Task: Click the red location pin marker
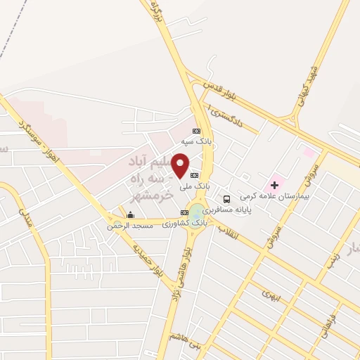pyautogui.click(x=181, y=165)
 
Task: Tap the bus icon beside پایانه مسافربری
pyautogui.click(x=226, y=199)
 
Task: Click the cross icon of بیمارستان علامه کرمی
pyautogui.click(x=274, y=185)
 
